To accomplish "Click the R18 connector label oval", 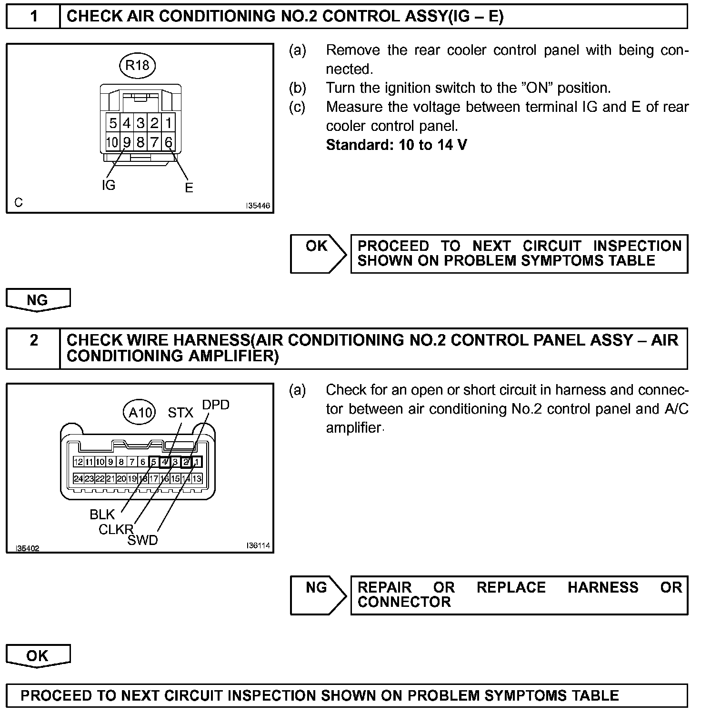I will pos(137,65).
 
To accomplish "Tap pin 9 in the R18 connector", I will pos(127,142).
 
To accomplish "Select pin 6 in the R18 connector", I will pos(169,142).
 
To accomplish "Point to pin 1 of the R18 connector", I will pos(169,123).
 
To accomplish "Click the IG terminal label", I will pos(109,185).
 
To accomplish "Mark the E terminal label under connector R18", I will pos(189,188).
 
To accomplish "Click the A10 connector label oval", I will pos(140,412).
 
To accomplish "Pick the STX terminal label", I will pos(180,413).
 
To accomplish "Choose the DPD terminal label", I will pos(216,405).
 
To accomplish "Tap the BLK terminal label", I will pos(102,514).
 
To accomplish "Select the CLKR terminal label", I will pos(116,529).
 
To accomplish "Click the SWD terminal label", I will pos(142,540).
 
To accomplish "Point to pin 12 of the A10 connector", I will pos(78,462).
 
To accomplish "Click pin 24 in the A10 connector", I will pos(78,479).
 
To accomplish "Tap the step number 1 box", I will pos(33,17).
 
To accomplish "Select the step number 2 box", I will pos(33,340).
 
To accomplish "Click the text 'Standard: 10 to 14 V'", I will pos(396,145).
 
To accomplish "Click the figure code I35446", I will pos(258,206).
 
